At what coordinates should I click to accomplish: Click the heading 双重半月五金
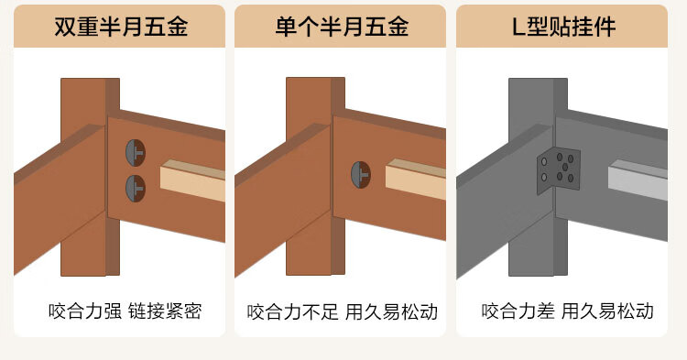coord(121,27)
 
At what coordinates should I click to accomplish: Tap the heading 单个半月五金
coord(343,27)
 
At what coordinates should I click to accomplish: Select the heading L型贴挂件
coord(564,27)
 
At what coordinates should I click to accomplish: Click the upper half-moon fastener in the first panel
coord(136,153)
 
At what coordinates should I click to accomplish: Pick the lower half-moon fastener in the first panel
coord(136,189)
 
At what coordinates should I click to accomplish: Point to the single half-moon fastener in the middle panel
coord(361,175)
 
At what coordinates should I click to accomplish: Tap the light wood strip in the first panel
coord(192,180)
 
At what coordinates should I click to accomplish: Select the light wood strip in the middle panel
coord(416,180)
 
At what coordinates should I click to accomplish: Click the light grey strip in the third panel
coord(638,180)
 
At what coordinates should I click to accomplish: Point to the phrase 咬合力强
coord(85,311)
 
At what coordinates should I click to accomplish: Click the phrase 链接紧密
coord(165,311)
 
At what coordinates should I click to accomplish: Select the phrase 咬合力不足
coord(293,312)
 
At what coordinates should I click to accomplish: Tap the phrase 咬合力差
coord(518,311)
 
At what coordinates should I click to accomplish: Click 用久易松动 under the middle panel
coord(392,312)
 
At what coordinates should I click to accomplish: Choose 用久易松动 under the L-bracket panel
coord(607,311)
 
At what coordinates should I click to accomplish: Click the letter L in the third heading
coord(518,27)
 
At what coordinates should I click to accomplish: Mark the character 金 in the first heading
coord(178,27)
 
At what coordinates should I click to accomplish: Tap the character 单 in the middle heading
coord(286,27)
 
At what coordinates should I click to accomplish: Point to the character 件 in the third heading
coord(605,27)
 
